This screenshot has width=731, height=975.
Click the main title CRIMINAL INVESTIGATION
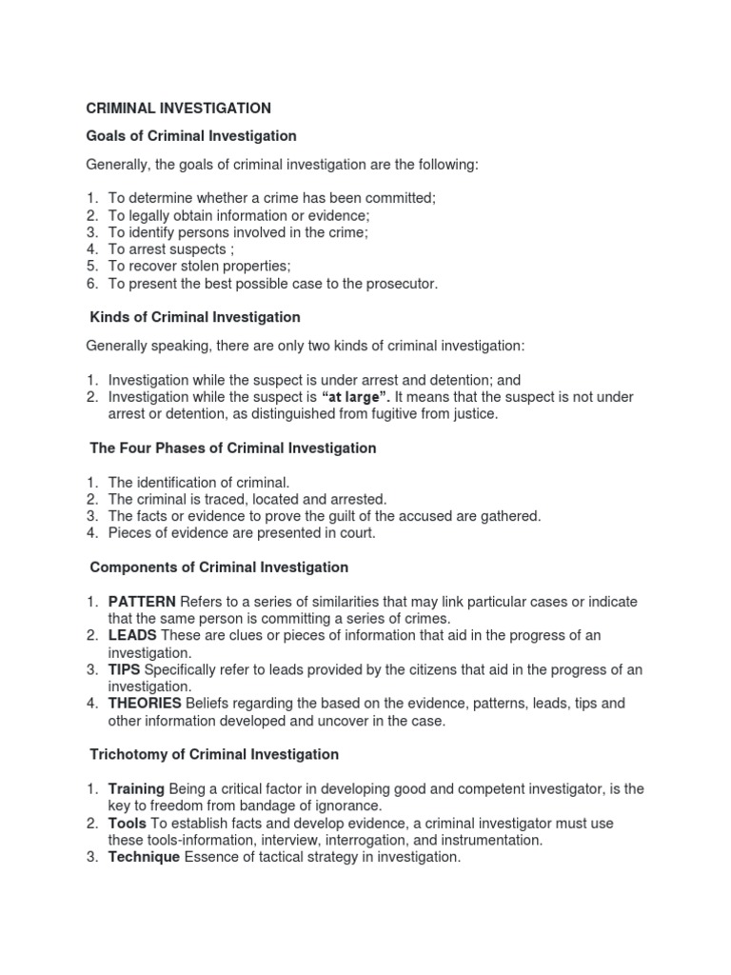179,109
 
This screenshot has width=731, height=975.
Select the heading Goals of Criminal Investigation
191,136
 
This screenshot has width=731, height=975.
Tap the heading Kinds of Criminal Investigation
195,317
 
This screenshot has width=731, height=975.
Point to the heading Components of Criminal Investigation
219,567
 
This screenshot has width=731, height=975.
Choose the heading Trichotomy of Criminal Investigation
214,754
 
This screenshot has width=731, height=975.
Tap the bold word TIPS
124,670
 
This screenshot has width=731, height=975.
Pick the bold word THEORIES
145,704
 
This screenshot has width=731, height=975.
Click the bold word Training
136,788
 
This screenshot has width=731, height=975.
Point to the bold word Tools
127,823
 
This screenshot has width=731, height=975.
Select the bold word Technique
144,857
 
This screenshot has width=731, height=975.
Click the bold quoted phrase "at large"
357,396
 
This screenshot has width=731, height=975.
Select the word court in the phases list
356,533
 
